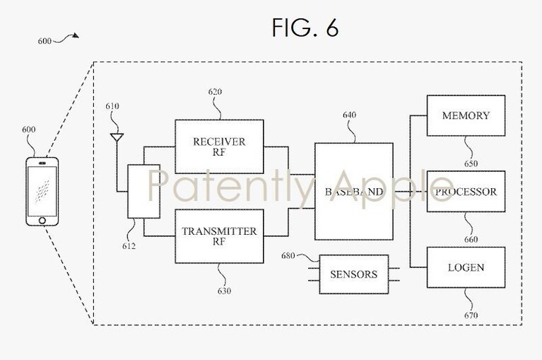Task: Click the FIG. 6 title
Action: pos(305,28)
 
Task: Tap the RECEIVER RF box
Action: pos(219,146)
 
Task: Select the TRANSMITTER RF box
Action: pos(219,236)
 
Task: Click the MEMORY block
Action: pos(466,115)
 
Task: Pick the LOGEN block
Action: pos(466,267)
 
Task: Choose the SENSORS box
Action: pos(353,274)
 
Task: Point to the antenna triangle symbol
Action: pos(117,138)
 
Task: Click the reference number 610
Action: pos(112,106)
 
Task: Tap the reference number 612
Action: pos(129,246)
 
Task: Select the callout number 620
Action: pos(215,92)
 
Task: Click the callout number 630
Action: pos(224,291)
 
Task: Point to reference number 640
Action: pos(350,115)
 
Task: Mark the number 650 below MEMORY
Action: pos(471,163)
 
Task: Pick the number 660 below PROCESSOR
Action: pos(471,239)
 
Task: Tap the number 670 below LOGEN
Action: pos(471,315)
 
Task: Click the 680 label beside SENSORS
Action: pos(288,256)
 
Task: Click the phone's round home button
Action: pos(42,221)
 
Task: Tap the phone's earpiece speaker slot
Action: pos(42,163)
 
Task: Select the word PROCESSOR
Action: pos(466,192)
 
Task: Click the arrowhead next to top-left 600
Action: pos(76,35)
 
